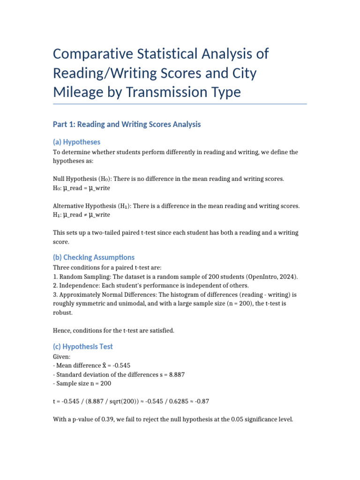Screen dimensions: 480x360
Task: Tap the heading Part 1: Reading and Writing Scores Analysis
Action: [127, 124]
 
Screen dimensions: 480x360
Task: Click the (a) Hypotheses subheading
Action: [76, 142]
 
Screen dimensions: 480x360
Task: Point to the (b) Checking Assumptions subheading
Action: [94, 257]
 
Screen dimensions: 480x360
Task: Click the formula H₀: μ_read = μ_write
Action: [82, 187]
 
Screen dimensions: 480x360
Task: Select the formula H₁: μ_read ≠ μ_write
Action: [82, 214]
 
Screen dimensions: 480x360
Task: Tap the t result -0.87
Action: [204, 401]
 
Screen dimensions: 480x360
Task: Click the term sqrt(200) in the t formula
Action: [115, 401]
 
